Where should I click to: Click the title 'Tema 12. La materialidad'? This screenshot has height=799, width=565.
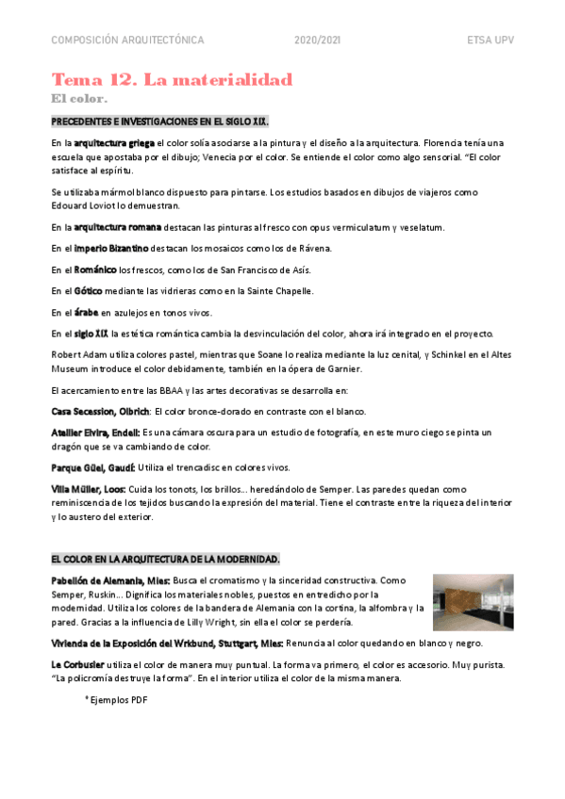point(172,79)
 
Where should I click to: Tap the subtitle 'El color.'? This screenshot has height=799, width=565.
point(79,98)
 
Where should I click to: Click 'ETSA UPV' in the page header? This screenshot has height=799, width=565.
point(490,41)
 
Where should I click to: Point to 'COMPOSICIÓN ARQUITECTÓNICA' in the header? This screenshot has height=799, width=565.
point(127,41)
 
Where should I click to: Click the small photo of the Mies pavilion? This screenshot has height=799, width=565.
point(474,602)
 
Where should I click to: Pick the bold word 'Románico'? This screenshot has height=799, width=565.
point(96,270)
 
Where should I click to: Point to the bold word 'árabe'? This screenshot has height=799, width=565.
point(87,313)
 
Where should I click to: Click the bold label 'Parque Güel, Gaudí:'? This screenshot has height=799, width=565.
point(93,467)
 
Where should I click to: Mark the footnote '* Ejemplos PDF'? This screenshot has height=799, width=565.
point(116,700)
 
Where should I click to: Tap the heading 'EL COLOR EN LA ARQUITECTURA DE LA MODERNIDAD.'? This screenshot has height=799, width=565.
point(165,559)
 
